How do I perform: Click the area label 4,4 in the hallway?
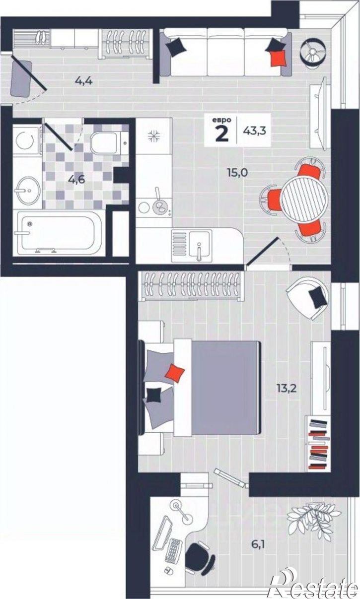(x=84, y=80)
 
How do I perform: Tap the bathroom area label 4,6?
(x=76, y=179)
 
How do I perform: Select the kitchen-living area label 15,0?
(x=237, y=173)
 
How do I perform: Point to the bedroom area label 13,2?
(x=287, y=388)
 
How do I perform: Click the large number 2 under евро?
(x=222, y=133)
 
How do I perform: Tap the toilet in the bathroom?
(x=110, y=142)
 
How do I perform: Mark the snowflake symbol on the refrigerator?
(x=154, y=135)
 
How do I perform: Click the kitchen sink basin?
(x=199, y=244)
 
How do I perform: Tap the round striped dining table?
(x=304, y=198)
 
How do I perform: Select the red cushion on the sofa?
(x=279, y=58)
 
